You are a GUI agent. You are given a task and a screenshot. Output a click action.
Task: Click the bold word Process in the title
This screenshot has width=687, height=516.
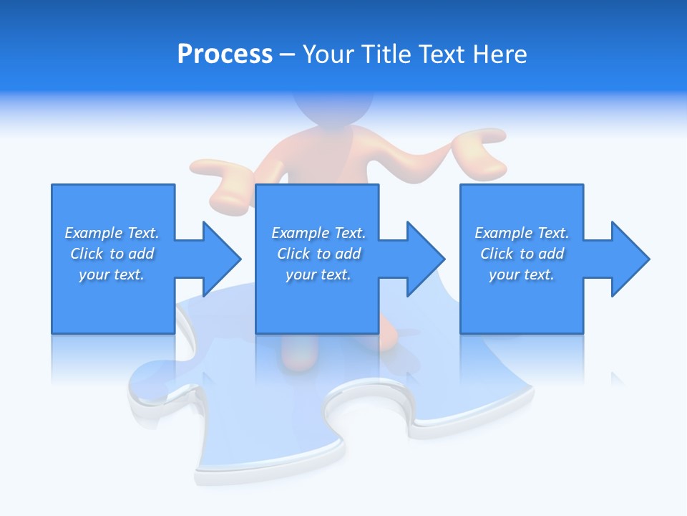[x=225, y=54]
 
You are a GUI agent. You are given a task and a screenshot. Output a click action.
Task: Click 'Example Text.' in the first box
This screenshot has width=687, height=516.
[x=112, y=233]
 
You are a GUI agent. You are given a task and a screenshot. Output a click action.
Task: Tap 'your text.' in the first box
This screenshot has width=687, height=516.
[x=112, y=274]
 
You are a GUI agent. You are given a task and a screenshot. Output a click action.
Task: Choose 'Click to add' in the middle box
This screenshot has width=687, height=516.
[x=318, y=254]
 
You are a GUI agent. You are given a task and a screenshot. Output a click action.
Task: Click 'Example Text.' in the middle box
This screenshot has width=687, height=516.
[x=318, y=233]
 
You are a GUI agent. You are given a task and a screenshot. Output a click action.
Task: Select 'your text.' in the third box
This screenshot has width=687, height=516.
[x=522, y=274]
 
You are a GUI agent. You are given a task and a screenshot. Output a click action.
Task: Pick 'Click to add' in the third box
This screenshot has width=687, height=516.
[x=522, y=254]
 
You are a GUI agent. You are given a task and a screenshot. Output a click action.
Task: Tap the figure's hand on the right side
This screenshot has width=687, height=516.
[x=481, y=152]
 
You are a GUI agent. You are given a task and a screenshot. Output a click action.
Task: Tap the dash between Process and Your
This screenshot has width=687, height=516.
[x=288, y=54]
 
